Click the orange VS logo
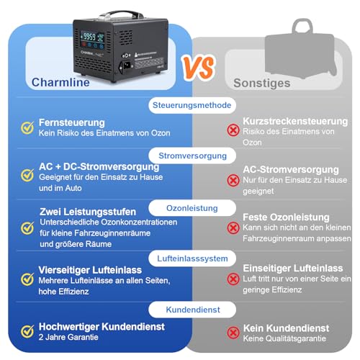pos(198,68)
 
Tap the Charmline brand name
pos(60,82)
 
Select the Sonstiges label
pos(262,84)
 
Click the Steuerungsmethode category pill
pos(192,105)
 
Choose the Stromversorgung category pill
pos(192,156)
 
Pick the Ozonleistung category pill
pos(192,208)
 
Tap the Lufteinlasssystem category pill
pos(192,258)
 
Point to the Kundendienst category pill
pos(192,310)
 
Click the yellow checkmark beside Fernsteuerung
pos(27,127)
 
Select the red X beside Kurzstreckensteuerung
pos(233,130)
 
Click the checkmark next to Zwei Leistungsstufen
pos(27,228)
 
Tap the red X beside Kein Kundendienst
pos(233,333)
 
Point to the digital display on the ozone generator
pos(92,38)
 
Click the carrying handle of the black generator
pos(121,15)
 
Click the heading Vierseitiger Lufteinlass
pos(90,270)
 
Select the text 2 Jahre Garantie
pos(68,337)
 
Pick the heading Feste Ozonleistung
pos(286,217)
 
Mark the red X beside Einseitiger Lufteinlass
pos(233,279)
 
